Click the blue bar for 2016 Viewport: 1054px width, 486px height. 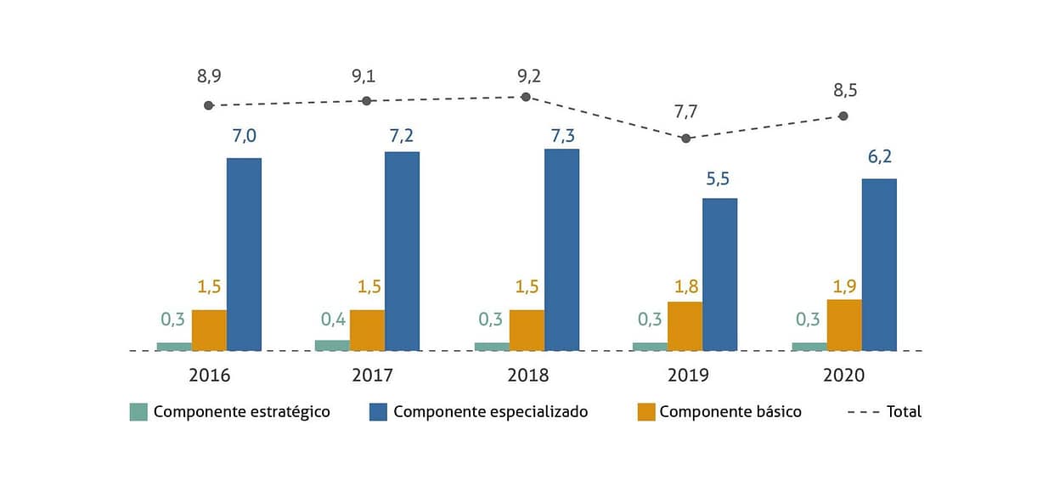244,254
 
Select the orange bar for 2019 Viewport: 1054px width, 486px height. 685,325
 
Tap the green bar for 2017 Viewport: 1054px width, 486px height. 332,345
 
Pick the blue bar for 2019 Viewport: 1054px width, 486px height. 719,274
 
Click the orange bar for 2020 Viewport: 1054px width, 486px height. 844,325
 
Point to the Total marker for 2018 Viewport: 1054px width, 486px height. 526,97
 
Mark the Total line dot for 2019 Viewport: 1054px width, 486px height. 685,138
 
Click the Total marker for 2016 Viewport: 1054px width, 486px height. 209,105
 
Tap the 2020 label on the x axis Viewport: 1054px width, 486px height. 843,376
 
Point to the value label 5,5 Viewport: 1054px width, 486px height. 719,178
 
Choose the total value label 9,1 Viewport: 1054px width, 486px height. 364,76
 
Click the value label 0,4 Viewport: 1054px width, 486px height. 332,319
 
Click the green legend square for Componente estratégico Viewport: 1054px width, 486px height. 138,412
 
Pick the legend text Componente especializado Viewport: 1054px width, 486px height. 490,412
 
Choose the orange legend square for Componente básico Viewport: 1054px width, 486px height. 646,412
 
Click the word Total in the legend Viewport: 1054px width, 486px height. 904,412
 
